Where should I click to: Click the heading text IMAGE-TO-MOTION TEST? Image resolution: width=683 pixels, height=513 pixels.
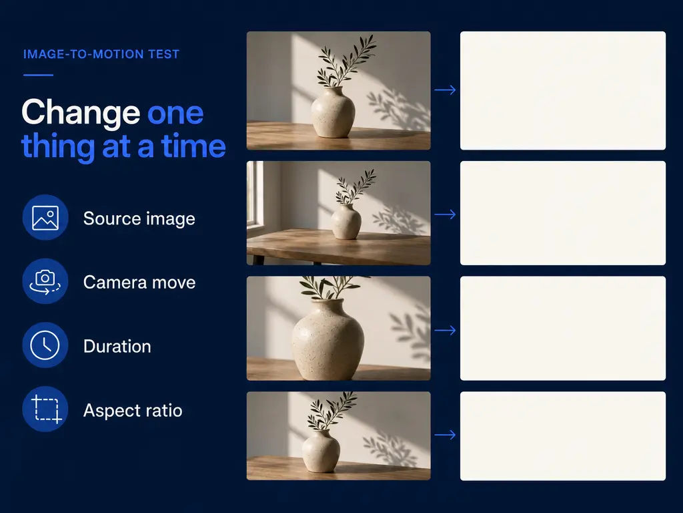pyautogui.click(x=101, y=54)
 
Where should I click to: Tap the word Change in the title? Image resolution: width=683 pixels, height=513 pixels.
pyautogui.click(x=81, y=112)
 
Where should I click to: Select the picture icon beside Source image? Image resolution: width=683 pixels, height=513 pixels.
pyautogui.click(x=45, y=218)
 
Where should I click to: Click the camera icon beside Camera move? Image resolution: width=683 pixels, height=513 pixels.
pyautogui.click(x=45, y=281)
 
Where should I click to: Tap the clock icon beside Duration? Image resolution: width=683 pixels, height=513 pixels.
pyautogui.click(x=45, y=345)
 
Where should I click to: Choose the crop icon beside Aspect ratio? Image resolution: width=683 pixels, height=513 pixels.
pyautogui.click(x=45, y=409)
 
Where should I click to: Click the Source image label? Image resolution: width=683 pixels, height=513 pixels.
pyautogui.click(x=139, y=218)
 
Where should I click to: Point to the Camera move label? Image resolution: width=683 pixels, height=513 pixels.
pyautogui.click(x=139, y=283)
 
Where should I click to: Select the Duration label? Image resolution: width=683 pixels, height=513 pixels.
pyautogui.click(x=117, y=347)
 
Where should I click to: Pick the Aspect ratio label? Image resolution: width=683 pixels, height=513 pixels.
pyautogui.click(x=133, y=411)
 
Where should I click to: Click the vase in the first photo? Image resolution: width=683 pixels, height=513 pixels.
pyautogui.click(x=333, y=112)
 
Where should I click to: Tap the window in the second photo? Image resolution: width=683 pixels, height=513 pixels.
pyautogui.click(x=255, y=195)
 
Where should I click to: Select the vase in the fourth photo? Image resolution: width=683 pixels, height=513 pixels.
pyautogui.click(x=321, y=451)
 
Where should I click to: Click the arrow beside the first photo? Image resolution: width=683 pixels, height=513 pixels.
pyautogui.click(x=445, y=90)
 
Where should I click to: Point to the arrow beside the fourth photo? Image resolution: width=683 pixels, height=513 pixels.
pyautogui.click(x=445, y=435)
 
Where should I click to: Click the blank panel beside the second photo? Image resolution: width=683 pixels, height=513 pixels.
pyautogui.click(x=563, y=213)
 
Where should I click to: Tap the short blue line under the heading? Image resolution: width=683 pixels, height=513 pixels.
pyautogui.click(x=38, y=75)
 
